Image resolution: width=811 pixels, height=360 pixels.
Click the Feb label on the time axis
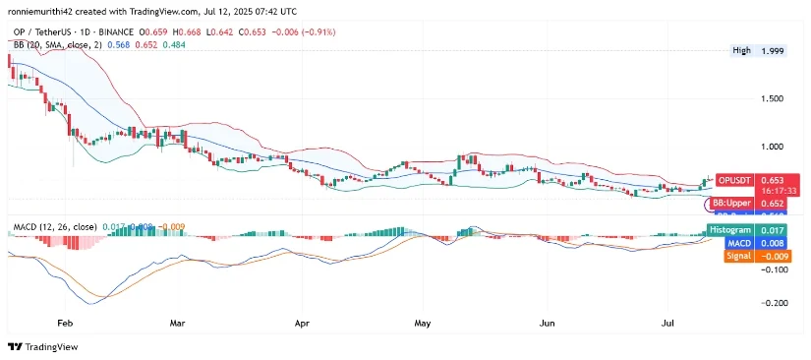click(66, 322)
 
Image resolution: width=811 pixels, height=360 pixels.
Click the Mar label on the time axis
click(178, 322)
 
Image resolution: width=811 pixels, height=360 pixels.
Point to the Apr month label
click(301, 322)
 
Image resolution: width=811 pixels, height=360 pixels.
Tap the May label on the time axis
click(424, 322)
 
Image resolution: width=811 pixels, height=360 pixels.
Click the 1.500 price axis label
click(775, 98)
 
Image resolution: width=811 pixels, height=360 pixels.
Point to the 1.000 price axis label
click(775, 147)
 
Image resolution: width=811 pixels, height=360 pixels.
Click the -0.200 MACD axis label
click(774, 303)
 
